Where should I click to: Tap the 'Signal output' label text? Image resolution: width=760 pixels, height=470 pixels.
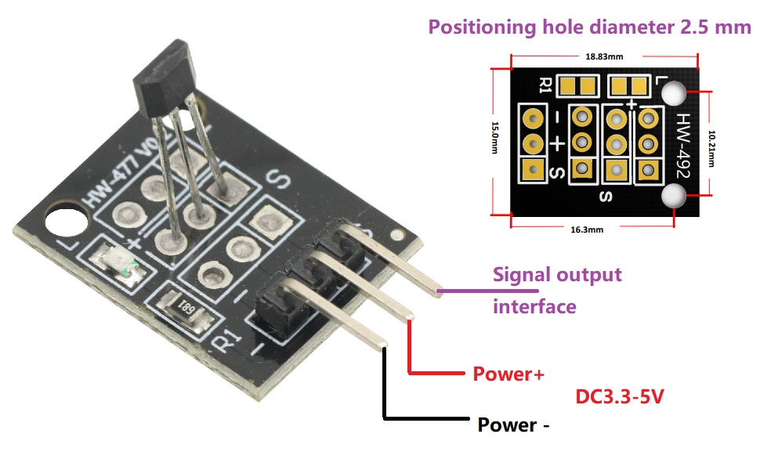coord(557,275)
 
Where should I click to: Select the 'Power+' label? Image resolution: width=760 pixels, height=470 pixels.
coord(508,374)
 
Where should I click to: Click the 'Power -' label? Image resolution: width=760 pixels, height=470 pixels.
coord(513,425)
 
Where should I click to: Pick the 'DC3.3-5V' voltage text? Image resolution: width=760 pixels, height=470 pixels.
coord(620,396)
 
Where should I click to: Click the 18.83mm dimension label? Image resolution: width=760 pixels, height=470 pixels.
coord(604,56)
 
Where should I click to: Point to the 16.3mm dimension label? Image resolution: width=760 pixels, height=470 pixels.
coord(587,230)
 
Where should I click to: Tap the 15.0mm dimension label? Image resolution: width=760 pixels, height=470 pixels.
coord(495,138)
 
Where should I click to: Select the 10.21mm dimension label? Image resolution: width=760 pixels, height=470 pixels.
coord(711,148)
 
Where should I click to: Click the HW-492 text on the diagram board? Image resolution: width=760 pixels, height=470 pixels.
coord(683,146)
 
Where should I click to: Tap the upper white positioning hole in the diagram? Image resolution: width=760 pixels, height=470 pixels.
coord(674,93)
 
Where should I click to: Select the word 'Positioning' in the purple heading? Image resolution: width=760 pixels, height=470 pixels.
coord(483,27)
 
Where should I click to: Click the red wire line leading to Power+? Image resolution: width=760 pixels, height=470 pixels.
coord(410,373)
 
